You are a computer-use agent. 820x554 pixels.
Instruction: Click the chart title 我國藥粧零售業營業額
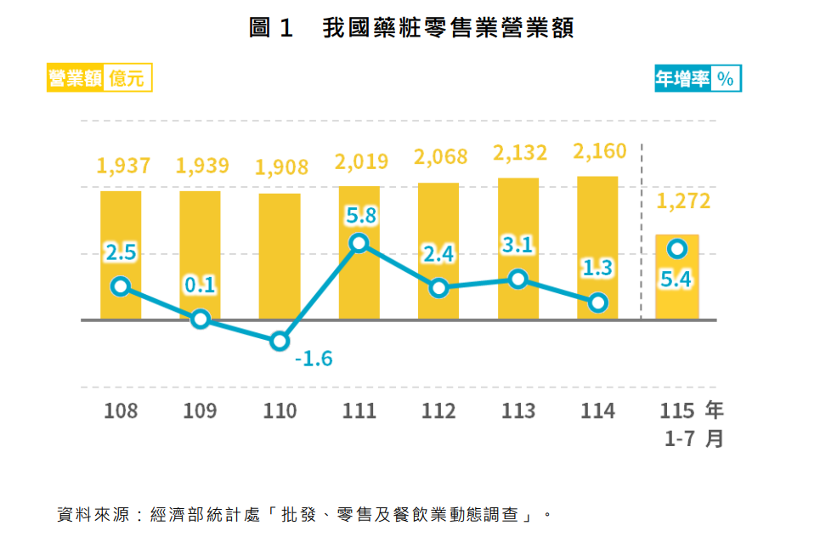click(x=448, y=28)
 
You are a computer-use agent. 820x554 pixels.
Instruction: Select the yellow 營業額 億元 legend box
click(x=99, y=77)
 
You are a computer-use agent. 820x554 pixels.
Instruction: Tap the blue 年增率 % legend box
click(x=698, y=78)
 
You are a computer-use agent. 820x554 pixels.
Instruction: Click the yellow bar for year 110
click(x=280, y=257)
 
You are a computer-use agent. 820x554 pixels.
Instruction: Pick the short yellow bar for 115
click(x=677, y=277)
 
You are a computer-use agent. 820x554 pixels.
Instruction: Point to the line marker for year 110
click(x=280, y=341)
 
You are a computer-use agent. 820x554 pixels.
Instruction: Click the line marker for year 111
click(x=359, y=243)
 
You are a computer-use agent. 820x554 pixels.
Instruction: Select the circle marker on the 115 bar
click(x=677, y=249)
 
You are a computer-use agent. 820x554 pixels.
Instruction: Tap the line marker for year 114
click(x=597, y=302)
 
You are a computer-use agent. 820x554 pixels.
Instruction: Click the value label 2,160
click(x=600, y=151)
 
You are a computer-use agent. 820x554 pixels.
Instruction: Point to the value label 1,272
click(x=683, y=201)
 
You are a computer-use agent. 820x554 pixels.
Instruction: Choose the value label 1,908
click(x=281, y=167)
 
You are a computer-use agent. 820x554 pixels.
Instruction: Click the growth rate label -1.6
click(x=314, y=359)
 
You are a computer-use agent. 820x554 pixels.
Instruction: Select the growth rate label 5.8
click(x=361, y=216)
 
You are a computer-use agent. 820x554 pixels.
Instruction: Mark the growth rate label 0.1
click(x=200, y=285)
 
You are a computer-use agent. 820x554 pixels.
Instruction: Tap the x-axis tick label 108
click(x=121, y=410)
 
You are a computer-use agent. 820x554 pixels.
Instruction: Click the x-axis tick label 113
click(x=518, y=410)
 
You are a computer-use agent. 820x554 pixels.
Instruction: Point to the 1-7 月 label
click(x=694, y=438)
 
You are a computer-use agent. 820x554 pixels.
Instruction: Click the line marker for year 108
click(x=121, y=286)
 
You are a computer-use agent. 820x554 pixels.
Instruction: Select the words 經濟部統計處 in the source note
click(x=205, y=515)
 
